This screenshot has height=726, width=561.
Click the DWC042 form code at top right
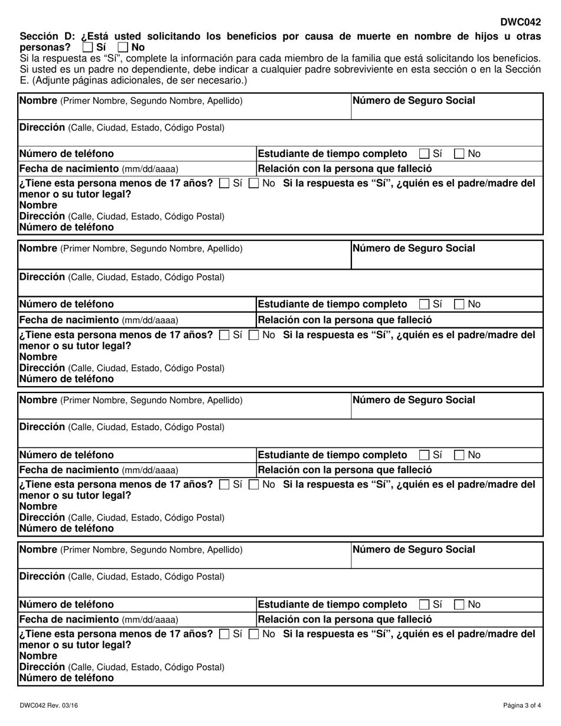coord(520,22)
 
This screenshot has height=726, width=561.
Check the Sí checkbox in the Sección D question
coord(87,47)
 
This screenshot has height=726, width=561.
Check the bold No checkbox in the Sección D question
coord(123,47)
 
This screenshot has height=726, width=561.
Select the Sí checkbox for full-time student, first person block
coord(424,154)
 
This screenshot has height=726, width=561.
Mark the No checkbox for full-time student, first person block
coord(459,154)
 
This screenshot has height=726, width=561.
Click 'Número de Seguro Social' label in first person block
coord(413,101)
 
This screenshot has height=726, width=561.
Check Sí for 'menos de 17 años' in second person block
coord(224,335)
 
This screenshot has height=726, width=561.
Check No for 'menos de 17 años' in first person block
coord(253,184)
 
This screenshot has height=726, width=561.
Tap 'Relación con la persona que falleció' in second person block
coord(345,320)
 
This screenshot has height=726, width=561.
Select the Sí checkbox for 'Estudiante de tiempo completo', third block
coord(424,455)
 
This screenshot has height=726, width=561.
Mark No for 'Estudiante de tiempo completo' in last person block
coord(459,605)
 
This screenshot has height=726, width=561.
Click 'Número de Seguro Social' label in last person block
coord(413,550)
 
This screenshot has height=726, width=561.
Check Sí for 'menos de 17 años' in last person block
coord(224,635)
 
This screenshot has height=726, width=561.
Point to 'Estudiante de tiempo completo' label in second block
coord(332,305)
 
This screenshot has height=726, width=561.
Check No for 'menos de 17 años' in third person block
coord(253,485)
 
